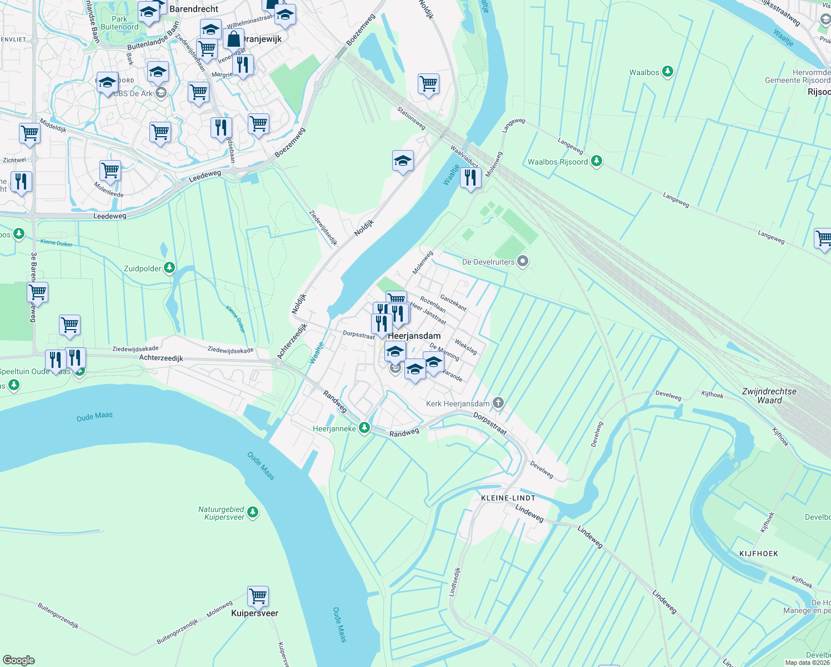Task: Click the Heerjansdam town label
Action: pyautogui.click(x=414, y=336)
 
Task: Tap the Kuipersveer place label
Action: pyautogui.click(x=254, y=613)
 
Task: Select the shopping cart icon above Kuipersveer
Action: pyautogui.click(x=258, y=596)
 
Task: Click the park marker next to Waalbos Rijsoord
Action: pyautogui.click(x=597, y=161)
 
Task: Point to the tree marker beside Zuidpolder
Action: pyautogui.click(x=169, y=268)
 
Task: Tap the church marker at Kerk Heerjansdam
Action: pyautogui.click(x=498, y=403)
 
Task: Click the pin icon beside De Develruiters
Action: pyautogui.click(x=523, y=261)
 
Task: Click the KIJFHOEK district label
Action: pyautogui.click(x=759, y=554)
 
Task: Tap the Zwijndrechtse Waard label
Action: pyautogui.click(x=769, y=396)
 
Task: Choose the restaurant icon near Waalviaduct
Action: pyautogui.click(x=470, y=178)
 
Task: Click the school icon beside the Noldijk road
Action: pyautogui.click(x=403, y=161)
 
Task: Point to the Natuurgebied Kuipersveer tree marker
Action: pyautogui.click(x=253, y=512)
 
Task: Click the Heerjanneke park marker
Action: pyautogui.click(x=364, y=428)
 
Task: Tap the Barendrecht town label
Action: pyautogui.click(x=194, y=9)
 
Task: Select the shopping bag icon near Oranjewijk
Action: pyautogui.click(x=234, y=39)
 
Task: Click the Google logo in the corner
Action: pyautogui.click(x=18, y=660)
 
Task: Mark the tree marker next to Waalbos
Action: pyautogui.click(x=668, y=72)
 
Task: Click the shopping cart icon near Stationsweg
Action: pyautogui.click(x=428, y=84)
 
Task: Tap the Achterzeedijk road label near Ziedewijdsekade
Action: pyautogui.click(x=161, y=358)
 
